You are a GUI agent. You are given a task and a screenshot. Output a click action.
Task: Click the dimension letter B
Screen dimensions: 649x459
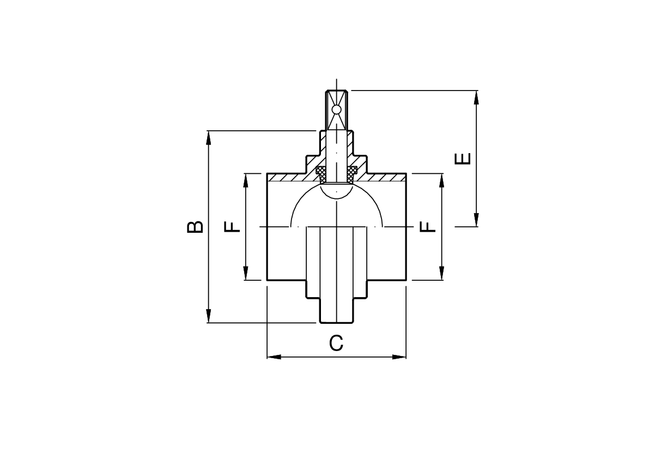(x=195, y=227)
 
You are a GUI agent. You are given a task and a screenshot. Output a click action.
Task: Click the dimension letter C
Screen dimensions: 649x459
(x=336, y=343)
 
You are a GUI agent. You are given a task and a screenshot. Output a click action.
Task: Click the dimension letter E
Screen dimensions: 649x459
(x=463, y=159)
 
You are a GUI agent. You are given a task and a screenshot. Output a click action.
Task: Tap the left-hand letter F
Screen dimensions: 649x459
(x=232, y=227)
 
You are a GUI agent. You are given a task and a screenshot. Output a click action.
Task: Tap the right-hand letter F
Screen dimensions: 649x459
(x=428, y=227)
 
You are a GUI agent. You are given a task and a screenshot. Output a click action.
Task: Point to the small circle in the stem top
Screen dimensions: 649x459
(x=337, y=109)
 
